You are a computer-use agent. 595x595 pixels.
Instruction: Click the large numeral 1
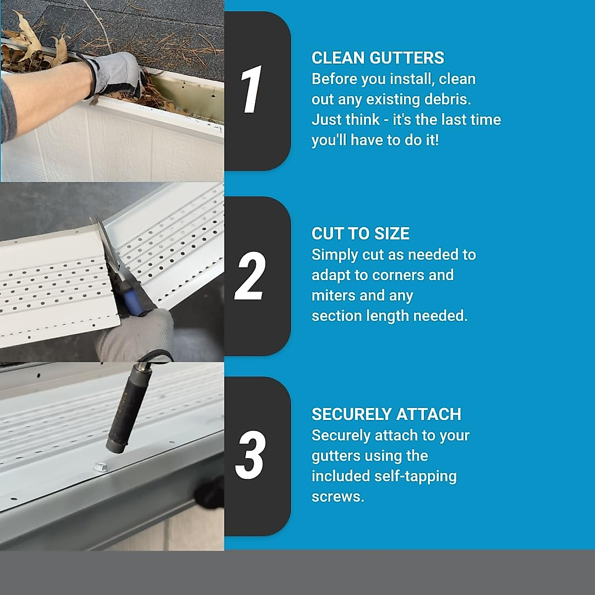click(252, 90)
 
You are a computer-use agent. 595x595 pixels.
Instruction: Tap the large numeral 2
click(250, 276)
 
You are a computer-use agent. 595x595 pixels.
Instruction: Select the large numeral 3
click(250, 455)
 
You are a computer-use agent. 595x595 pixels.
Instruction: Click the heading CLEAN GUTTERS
click(377, 58)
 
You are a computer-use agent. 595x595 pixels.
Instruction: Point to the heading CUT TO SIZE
click(360, 234)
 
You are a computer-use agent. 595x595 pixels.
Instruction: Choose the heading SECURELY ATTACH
click(386, 414)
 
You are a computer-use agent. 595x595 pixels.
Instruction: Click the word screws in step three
click(337, 496)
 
